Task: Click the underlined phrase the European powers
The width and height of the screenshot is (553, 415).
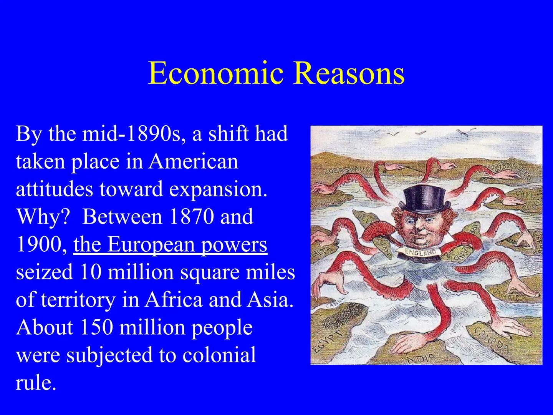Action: click(170, 244)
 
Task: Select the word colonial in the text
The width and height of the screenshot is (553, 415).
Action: click(219, 355)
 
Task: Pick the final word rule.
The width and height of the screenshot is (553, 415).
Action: click(36, 383)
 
